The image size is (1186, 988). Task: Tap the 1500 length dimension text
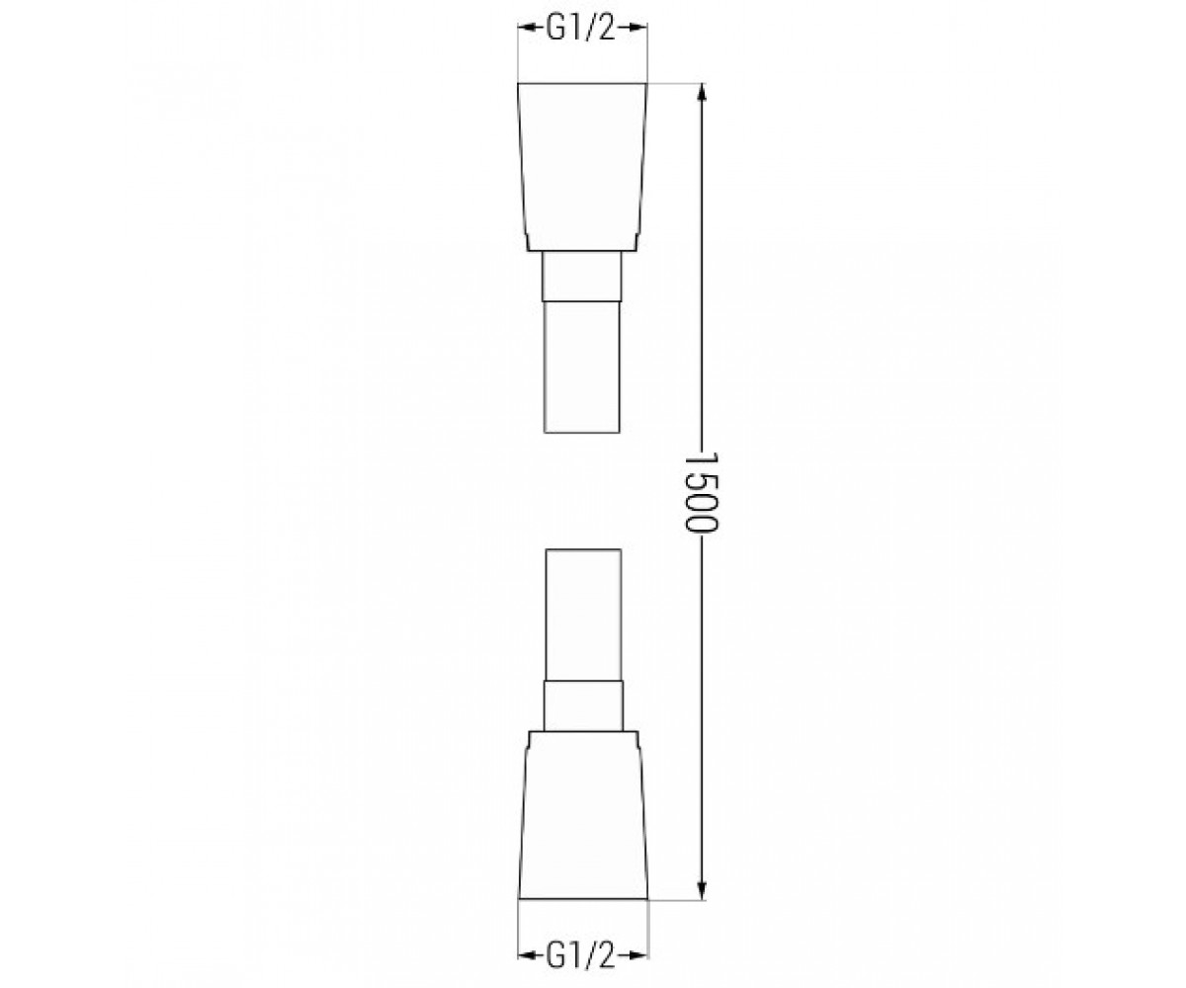point(702,492)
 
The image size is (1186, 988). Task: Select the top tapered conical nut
point(582,167)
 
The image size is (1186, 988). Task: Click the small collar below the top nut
point(582,276)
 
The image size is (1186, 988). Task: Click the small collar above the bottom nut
point(583,705)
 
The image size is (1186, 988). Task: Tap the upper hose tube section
point(582,367)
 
